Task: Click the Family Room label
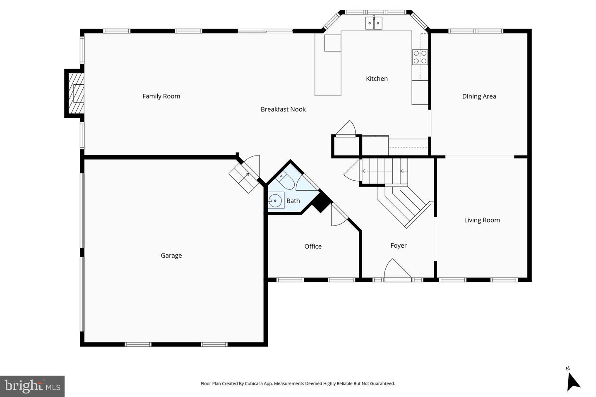click(x=161, y=96)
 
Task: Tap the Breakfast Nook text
click(x=283, y=110)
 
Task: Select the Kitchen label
click(x=377, y=79)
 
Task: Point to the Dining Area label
click(x=479, y=96)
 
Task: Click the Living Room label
click(x=482, y=220)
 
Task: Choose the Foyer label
click(x=399, y=246)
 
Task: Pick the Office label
click(x=313, y=246)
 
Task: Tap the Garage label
click(x=171, y=256)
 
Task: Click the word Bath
click(x=293, y=201)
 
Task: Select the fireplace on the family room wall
click(x=75, y=93)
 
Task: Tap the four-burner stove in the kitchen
click(x=420, y=57)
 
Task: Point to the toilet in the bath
click(x=285, y=181)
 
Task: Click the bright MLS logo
click(x=32, y=386)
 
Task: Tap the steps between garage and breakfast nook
click(x=242, y=177)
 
